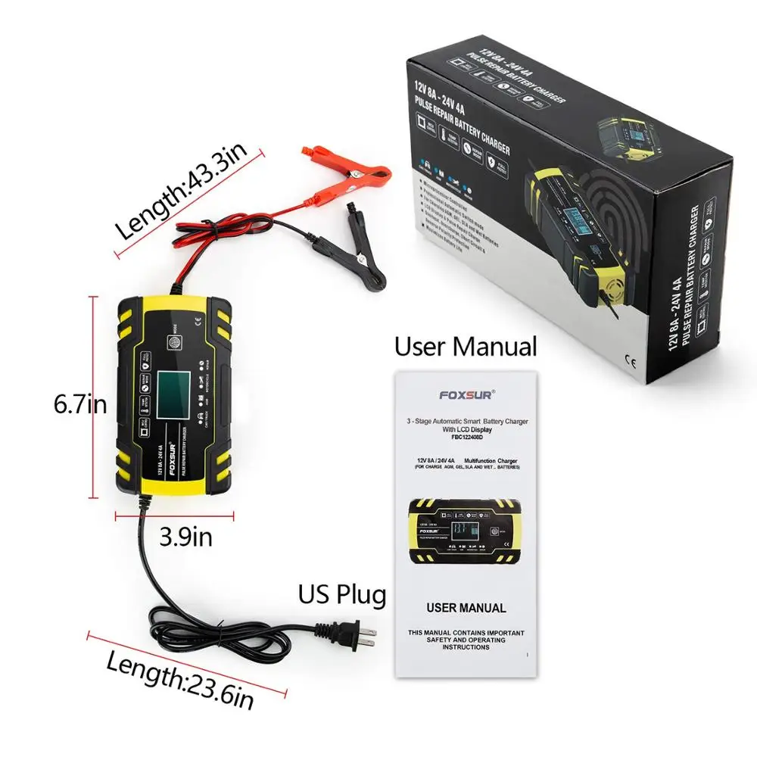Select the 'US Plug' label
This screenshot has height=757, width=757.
click(341, 594)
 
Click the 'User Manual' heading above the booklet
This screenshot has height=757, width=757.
click(465, 347)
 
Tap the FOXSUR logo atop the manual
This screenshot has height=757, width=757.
click(466, 394)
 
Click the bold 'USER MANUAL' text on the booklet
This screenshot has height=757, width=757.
click(466, 607)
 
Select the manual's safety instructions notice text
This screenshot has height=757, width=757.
click(465, 640)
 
